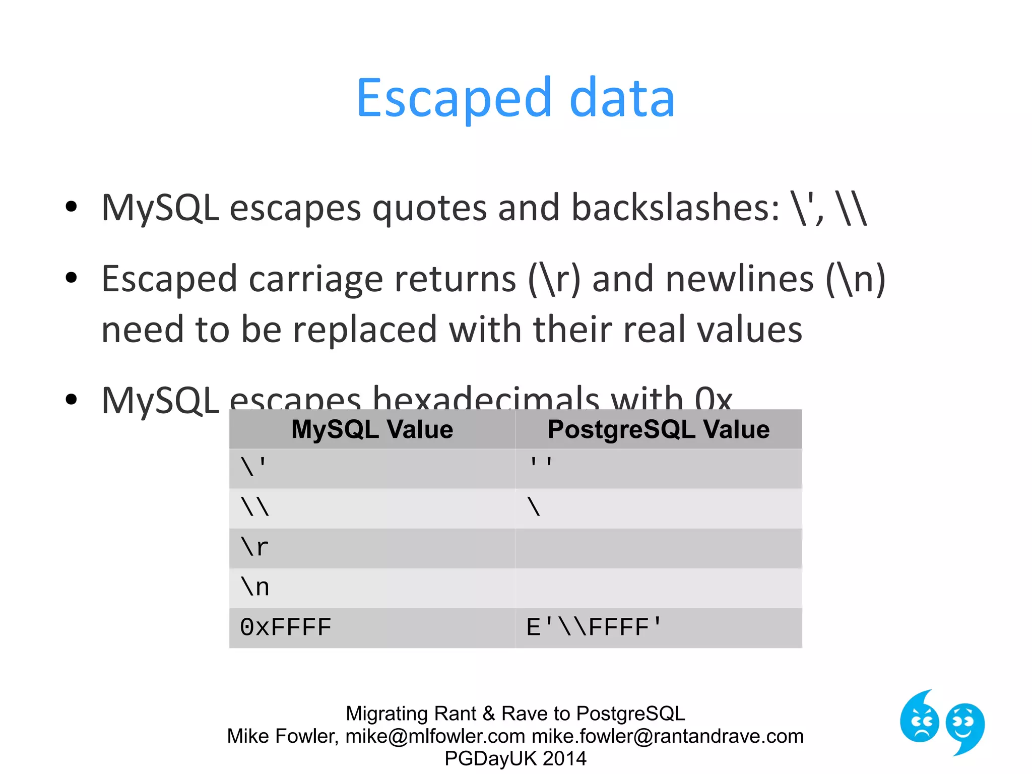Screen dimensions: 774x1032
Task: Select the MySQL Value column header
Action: point(372,429)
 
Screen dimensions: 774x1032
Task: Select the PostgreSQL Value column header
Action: point(658,429)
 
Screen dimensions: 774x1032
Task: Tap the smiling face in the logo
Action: point(964,726)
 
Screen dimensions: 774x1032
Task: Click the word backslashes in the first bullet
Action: point(675,208)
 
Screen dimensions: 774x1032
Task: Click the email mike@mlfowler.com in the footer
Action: point(435,736)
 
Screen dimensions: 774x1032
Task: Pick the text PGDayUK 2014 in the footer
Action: point(515,758)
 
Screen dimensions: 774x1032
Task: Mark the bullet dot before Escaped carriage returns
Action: point(72,278)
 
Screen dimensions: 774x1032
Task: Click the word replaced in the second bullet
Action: point(364,330)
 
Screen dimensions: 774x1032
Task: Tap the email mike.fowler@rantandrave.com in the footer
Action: point(668,736)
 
